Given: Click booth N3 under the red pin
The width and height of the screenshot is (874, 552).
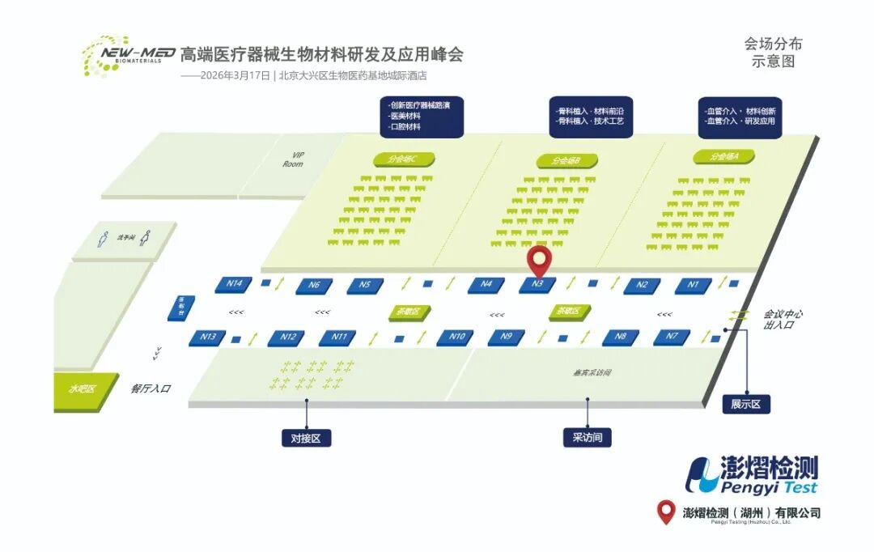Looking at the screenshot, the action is point(537,285).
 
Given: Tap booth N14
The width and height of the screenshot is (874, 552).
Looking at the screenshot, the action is point(234,284).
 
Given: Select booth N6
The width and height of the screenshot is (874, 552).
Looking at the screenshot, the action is point(314,285).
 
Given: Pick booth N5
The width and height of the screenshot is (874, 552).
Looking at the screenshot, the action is point(365,285).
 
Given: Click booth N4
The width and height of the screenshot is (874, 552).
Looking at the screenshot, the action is point(486,285).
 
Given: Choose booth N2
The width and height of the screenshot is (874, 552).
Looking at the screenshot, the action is point(642,285).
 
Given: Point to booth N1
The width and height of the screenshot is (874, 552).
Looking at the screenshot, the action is point(693,285).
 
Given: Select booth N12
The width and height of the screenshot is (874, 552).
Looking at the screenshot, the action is point(287,338).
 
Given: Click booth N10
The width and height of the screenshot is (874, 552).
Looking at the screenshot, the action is point(456,338).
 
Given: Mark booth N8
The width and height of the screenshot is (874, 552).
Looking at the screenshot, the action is point(620,337).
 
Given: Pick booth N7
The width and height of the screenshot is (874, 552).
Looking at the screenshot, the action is point(672,337).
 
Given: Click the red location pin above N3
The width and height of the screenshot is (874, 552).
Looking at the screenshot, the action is point(539,261).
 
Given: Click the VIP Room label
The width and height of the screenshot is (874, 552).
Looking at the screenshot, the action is point(293,159).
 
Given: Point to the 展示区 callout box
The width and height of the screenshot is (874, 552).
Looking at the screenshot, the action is point(745,404).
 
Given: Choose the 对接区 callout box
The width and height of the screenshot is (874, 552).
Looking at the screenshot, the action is point(306,438).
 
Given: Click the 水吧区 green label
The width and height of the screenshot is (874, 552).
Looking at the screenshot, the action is point(81,389).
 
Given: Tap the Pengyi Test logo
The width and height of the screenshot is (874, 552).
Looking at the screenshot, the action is point(752,476).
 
